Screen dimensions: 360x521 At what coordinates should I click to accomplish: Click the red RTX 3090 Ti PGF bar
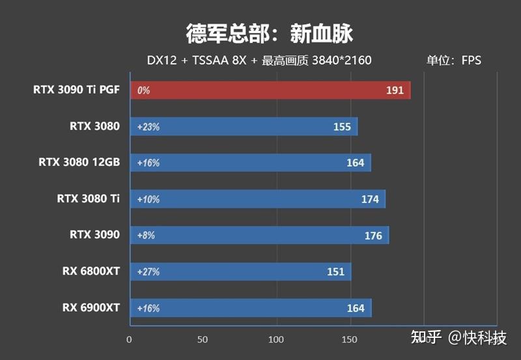pos(270,90)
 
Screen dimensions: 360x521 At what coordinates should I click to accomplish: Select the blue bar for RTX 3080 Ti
pos(258,199)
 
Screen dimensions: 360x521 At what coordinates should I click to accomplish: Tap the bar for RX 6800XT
pos(241,272)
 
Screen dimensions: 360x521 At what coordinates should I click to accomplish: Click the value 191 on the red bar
pos(395,90)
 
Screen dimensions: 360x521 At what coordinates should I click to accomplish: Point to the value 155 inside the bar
pos(341,127)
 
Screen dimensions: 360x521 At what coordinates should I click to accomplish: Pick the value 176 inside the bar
pos(373,236)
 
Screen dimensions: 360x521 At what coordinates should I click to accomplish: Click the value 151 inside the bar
pos(336,272)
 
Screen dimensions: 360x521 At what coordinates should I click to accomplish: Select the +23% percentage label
pos(148,127)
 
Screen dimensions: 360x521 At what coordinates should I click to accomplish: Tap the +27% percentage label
pos(148,272)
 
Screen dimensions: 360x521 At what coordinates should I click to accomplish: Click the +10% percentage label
pos(148,199)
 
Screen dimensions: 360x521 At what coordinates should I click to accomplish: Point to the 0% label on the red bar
pos(143,90)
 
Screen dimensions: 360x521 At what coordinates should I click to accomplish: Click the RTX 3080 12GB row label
pos(79,162)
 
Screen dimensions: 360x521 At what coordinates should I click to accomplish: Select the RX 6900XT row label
pos(91,307)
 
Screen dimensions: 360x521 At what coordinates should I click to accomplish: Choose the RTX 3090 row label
pos(94,234)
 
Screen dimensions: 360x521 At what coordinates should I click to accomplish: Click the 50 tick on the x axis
pos(203,339)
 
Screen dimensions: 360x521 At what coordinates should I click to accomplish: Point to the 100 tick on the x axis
pos(276,339)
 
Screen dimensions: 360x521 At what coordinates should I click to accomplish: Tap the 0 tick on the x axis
pos(129,339)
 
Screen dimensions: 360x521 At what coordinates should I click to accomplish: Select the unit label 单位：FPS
pos(453,61)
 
